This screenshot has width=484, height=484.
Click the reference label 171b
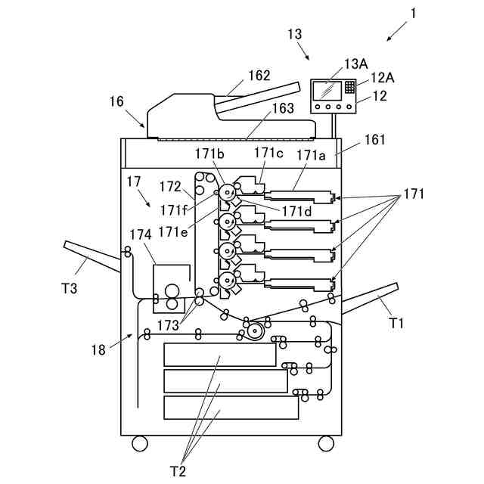point(209,154)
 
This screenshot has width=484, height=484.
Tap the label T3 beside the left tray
point(70,289)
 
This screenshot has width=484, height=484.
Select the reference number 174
point(141,235)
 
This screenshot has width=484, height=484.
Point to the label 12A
point(383,78)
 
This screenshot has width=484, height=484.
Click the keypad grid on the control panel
point(349,88)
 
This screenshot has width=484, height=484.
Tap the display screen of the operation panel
point(327,91)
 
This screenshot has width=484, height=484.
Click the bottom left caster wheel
point(140,444)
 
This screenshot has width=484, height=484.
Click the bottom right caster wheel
point(326,444)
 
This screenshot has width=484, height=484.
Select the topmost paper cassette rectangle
point(220,355)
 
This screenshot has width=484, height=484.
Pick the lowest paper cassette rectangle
point(231,408)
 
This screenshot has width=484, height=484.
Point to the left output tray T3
point(92,256)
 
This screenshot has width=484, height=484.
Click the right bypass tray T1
point(370,298)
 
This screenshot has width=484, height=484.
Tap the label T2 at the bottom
point(178,472)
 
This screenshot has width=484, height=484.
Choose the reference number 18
point(98,350)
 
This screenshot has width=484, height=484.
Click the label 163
point(283,108)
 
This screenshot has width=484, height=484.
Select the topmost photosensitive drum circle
point(228,193)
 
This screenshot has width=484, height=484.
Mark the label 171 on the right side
point(414,194)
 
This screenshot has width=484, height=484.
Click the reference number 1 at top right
point(413,14)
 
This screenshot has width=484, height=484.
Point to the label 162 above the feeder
point(259,76)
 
